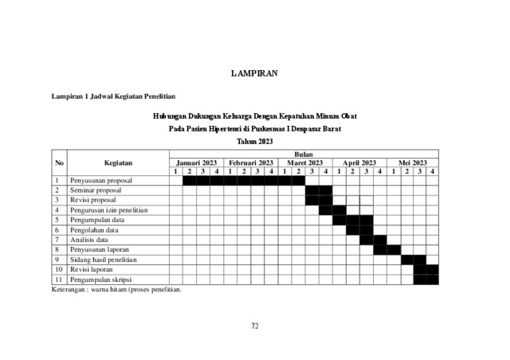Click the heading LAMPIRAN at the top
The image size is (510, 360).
(x=254, y=73)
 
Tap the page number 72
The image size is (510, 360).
(x=255, y=325)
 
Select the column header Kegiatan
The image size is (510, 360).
(x=118, y=162)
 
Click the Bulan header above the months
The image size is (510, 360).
(x=304, y=154)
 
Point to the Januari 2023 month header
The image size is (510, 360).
(x=196, y=162)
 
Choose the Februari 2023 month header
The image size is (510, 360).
(x=250, y=162)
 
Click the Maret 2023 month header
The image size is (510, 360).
(x=304, y=162)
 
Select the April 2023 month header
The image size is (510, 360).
(x=359, y=162)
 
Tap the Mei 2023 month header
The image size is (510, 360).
(x=413, y=162)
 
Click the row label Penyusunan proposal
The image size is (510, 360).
(x=101, y=181)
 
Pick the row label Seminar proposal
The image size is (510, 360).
(x=96, y=190)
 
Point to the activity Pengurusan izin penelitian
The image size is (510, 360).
(x=108, y=210)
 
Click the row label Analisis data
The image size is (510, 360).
(x=90, y=239)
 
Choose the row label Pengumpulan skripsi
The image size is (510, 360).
(x=101, y=280)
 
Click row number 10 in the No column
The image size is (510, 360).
(x=58, y=269)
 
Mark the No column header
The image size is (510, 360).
(x=58, y=162)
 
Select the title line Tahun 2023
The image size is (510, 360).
(x=254, y=142)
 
